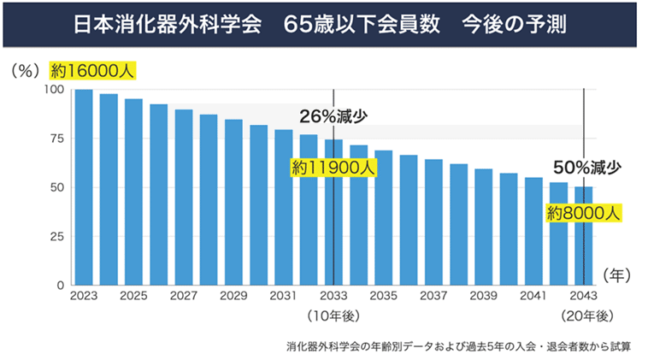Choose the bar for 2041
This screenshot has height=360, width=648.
[x=534, y=231]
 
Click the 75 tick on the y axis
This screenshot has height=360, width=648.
[x=57, y=139]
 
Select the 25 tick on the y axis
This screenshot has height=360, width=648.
[x=57, y=236]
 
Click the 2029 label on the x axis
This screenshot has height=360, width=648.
[x=233, y=295]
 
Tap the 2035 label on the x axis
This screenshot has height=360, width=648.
[x=384, y=295]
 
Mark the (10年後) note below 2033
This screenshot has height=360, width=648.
[x=333, y=316]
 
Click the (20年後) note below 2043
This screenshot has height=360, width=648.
[x=584, y=316]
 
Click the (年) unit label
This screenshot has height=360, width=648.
[x=616, y=275]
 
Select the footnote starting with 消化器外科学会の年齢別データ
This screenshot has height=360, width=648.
[x=459, y=346]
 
